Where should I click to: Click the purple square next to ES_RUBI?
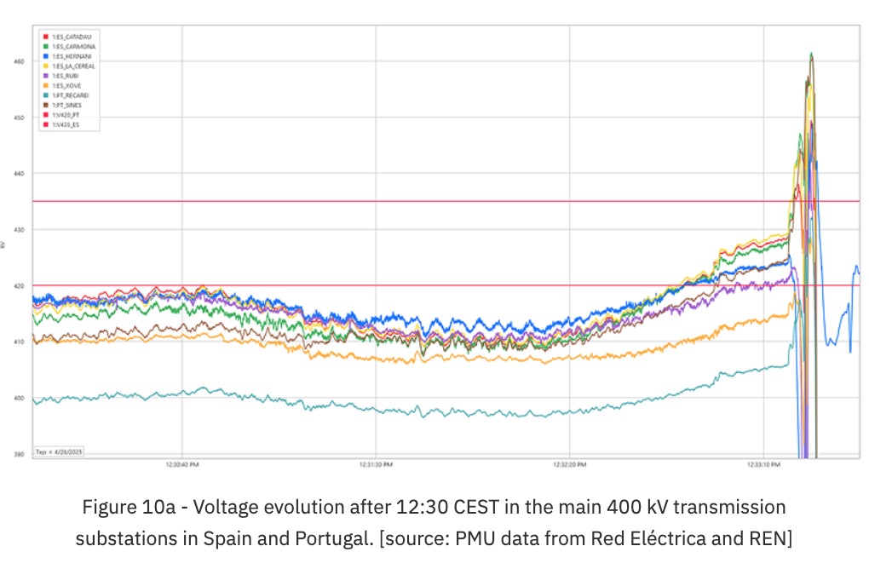click(44, 76)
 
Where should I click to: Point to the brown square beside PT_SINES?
click(44, 105)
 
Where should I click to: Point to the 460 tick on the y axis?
click(19, 62)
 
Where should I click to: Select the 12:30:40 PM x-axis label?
click(182, 465)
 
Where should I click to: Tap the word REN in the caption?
click(773, 539)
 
